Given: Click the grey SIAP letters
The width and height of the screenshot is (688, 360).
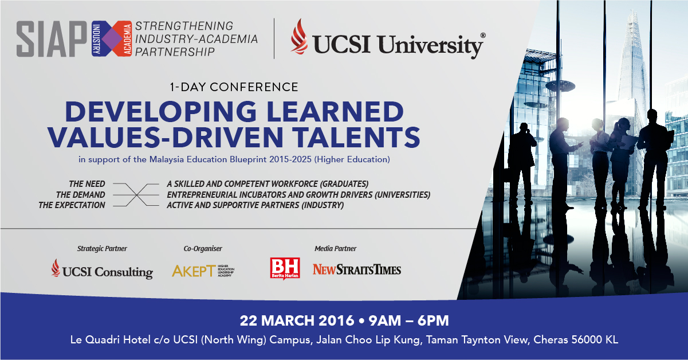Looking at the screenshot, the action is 52,39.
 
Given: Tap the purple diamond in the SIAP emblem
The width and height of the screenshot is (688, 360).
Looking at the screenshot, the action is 112,39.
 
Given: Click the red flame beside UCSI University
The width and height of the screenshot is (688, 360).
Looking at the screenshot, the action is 299,37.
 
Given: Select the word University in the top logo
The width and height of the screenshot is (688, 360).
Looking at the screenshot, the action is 430,45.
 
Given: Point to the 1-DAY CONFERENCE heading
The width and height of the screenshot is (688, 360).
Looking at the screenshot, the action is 234,87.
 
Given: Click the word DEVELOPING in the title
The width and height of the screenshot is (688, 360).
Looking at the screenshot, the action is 160,111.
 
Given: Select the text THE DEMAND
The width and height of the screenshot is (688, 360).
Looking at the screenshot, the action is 80,194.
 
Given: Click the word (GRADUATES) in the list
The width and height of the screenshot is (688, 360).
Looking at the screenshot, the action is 344,184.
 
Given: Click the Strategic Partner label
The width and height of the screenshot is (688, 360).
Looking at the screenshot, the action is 102,248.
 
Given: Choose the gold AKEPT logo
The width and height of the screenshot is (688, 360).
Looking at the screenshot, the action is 203,271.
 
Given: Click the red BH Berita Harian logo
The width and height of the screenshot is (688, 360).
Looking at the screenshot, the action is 285,268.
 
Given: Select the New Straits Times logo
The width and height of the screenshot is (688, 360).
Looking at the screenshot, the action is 357,269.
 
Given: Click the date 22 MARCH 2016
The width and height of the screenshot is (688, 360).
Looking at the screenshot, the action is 297,320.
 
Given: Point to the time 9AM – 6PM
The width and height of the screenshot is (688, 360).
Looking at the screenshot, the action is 408,320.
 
